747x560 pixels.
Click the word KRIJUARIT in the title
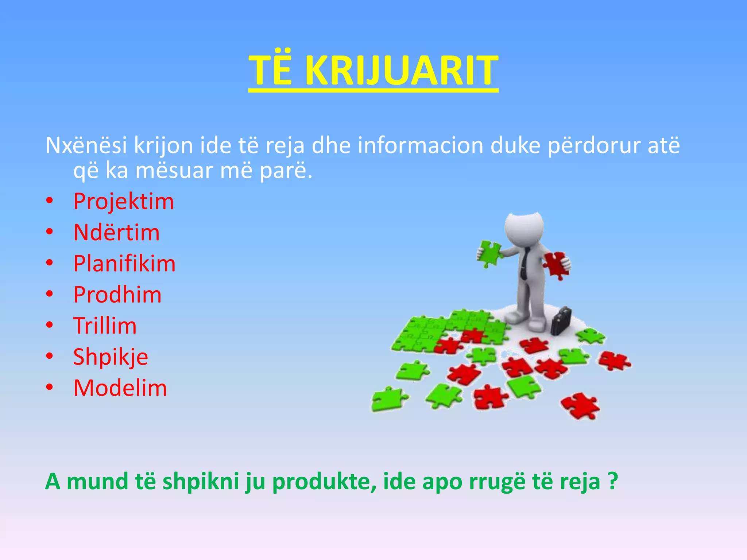401,70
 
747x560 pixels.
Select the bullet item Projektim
124,202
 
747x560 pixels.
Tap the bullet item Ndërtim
116,233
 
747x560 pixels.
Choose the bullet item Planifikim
124,264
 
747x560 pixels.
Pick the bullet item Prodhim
117,295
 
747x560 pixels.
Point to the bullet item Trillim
105,326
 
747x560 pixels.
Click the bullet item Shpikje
111,357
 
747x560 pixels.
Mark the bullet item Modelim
120,388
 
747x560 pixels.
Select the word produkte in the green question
324,482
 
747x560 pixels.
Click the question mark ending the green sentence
613,481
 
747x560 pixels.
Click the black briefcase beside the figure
561,321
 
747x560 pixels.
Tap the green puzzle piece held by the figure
489,253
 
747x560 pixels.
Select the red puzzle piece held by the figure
556,264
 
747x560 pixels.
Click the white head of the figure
524,228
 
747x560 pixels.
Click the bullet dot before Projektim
50,201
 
